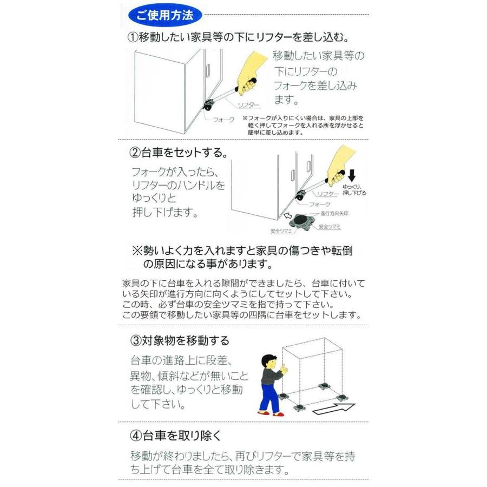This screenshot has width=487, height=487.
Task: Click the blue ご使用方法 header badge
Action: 164,15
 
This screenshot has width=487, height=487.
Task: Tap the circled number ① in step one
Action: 133,37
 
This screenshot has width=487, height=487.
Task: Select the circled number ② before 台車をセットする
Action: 135,153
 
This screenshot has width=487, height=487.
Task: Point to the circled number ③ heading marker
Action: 136,340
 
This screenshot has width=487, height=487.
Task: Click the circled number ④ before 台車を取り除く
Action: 136,436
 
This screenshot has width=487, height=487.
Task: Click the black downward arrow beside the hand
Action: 352,175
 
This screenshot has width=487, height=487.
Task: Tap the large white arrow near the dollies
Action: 334,409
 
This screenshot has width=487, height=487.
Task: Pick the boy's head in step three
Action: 268,362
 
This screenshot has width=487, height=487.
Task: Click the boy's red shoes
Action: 271,413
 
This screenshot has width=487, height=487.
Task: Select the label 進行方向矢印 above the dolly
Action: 334,213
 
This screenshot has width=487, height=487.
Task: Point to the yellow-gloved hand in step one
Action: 250,73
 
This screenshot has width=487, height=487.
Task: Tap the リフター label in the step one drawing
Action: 248,105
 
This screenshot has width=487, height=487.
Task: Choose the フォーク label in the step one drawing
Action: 223,120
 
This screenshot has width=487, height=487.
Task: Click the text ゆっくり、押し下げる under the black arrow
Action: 354,190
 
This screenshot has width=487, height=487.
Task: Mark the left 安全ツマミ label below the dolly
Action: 281,231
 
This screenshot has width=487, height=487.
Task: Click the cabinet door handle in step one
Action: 208,71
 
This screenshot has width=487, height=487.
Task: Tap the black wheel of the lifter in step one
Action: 206,108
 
